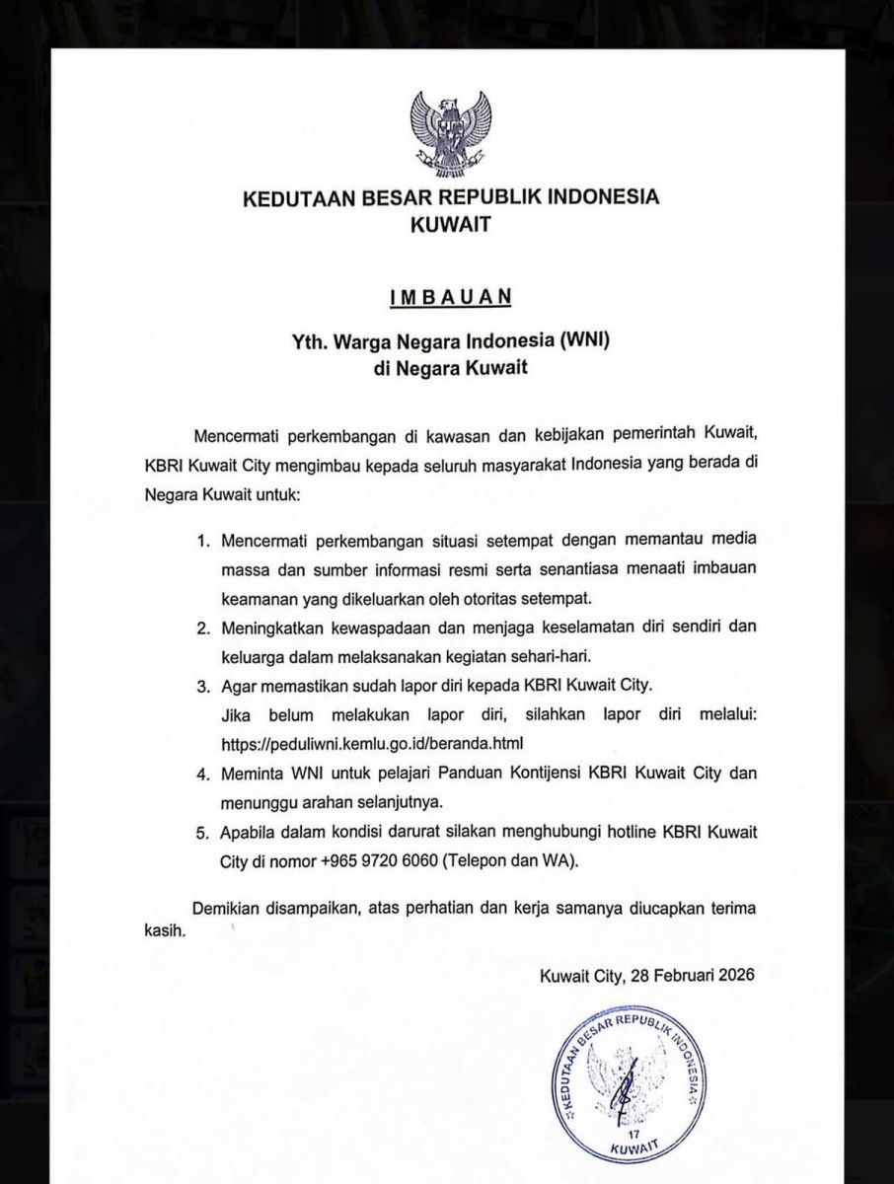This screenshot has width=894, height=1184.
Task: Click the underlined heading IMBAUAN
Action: [x=450, y=295]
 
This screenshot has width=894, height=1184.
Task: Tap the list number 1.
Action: [x=204, y=542]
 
